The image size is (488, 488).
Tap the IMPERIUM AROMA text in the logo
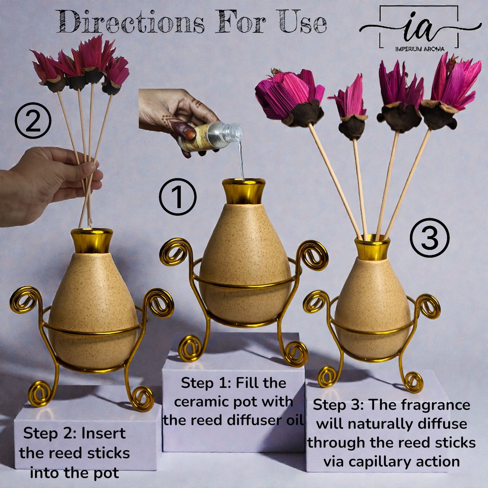[x=420, y=49]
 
